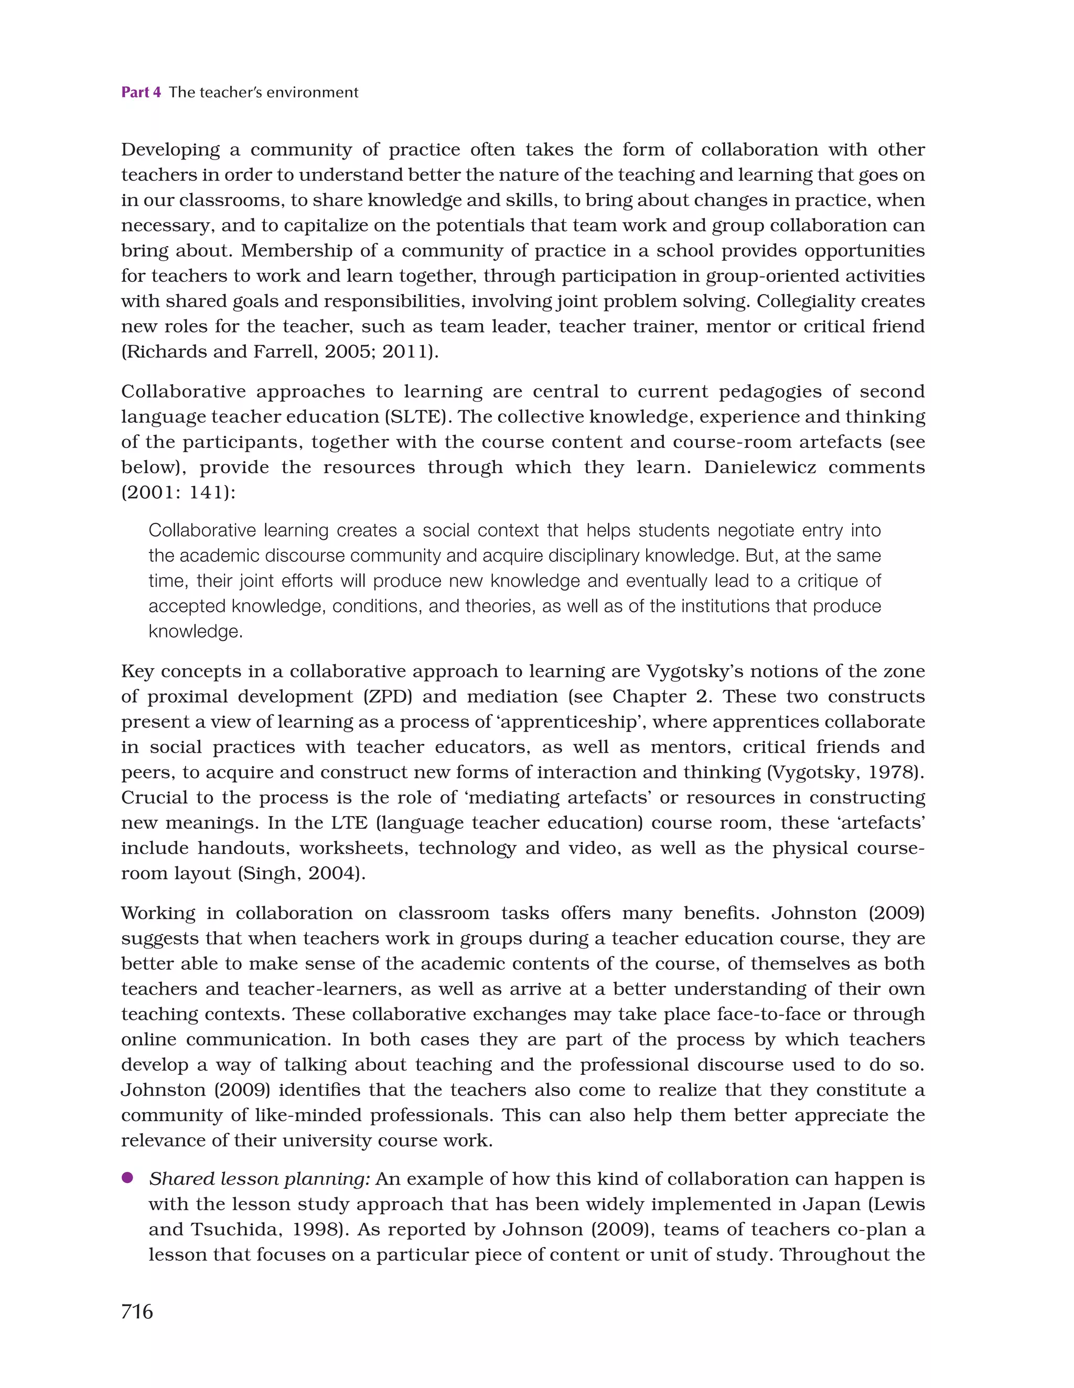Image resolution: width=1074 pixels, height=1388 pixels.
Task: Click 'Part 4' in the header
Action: point(141,92)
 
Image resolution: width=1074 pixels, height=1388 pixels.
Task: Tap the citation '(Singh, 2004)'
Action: point(301,874)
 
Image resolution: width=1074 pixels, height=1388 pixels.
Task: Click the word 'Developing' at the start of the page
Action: point(170,151)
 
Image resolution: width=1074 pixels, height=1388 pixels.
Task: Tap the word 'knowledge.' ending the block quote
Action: point(196,632)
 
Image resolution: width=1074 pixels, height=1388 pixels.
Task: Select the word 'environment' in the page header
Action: point(312,92)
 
